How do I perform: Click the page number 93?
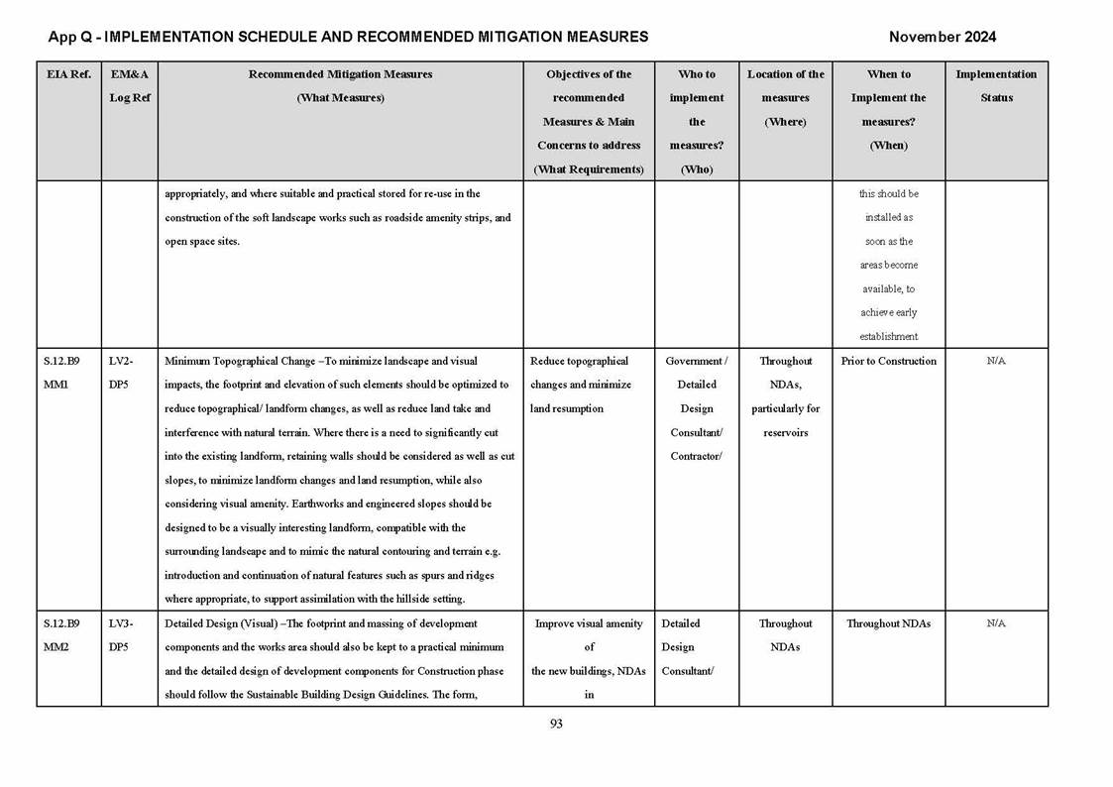556,724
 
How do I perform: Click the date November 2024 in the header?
942,38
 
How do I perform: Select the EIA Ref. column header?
68,74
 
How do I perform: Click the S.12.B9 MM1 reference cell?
61,373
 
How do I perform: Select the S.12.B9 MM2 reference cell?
61,635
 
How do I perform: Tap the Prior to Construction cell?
888,361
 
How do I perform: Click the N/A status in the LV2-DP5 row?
996,361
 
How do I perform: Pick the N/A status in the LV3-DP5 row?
996,623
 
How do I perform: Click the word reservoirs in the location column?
785,432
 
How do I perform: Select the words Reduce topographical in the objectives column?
579,361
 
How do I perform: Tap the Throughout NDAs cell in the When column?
888,623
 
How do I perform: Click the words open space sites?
201,242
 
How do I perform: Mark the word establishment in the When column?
888,337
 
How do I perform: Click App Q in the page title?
70,38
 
